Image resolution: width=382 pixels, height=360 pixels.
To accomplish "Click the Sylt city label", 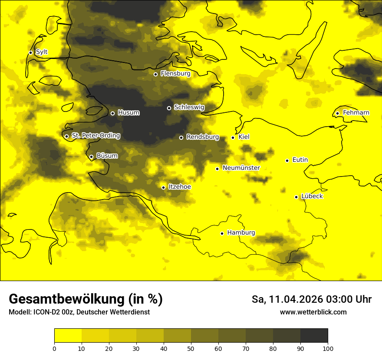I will (42, 52).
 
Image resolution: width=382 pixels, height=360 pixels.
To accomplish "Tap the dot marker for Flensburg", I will (155, 74).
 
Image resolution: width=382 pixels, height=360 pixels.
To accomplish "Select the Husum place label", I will (128, 113).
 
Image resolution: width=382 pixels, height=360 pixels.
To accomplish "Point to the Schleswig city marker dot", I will (169, 108).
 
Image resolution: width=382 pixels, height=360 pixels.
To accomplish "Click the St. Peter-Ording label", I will (95, 136).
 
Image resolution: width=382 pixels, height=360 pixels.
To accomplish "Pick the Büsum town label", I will (107, 156).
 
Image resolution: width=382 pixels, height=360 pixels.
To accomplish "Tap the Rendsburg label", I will (202, 137).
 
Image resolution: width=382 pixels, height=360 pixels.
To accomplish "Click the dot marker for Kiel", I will (233, 137).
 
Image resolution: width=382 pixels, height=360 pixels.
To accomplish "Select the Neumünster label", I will (241, 168).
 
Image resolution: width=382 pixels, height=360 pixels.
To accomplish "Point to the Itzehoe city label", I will (179, 187).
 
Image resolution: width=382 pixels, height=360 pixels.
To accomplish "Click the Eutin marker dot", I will (287, 160).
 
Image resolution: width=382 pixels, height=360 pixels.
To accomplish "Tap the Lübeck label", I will (312, 196).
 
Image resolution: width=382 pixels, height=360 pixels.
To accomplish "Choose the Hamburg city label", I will (241, 232).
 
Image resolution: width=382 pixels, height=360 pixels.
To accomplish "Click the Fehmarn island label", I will (356, 113).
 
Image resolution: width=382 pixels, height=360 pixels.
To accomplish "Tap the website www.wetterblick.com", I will (313, 312).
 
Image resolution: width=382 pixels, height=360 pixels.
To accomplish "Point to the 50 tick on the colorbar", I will (191, 348).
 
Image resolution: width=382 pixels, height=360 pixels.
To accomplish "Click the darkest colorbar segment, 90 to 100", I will (314, 336).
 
